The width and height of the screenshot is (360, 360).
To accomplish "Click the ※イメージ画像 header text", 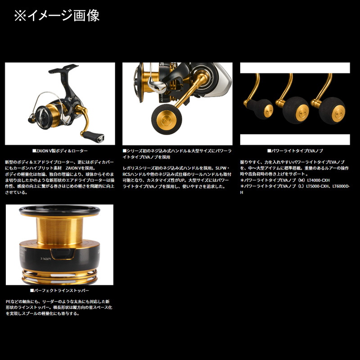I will point(57,15).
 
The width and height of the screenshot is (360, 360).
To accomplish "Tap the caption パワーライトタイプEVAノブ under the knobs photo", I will point(295,152).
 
